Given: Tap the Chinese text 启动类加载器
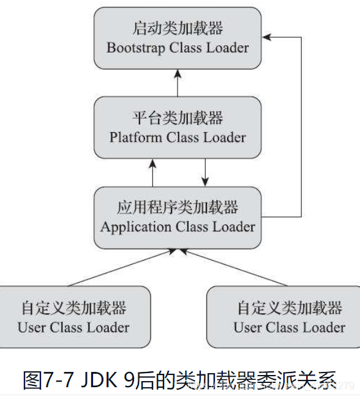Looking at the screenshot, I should [x=178, y=28].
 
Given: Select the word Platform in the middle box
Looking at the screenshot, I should [x=134, y=137].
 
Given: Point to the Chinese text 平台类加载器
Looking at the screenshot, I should [x=178, y=117].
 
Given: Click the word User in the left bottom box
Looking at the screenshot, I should [x=31, y=327].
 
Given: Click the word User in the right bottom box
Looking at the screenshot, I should [x=246, y=327].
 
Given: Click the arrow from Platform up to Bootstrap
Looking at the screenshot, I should [x=178, y=83].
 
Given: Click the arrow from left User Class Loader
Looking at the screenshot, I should [x=122, y=267].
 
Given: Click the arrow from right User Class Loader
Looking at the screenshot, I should [x=233, y=267].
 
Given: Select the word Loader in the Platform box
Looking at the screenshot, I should [x=223, y=137].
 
